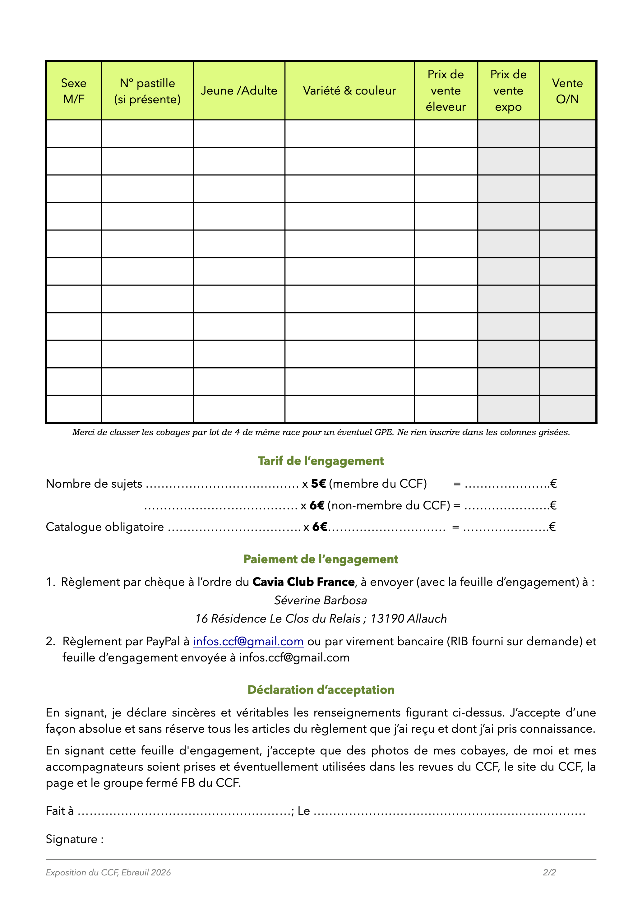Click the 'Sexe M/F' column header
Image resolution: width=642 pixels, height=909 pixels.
point(74,91)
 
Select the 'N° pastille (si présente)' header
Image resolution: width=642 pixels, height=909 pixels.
point(147,91)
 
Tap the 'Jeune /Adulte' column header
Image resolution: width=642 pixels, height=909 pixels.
point(239,91)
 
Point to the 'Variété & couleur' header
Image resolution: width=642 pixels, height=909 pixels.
point(349,91)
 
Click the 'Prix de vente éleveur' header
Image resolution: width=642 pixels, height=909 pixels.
point(446,91)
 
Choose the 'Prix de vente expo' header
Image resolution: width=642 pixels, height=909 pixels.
point(508,91)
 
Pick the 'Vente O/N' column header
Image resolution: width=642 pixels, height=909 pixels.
point(567,91)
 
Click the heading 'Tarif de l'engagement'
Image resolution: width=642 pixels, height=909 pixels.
point(321,461)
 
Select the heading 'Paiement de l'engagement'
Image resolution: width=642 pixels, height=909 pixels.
point(321,559)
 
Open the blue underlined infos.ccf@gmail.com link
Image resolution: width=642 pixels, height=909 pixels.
point(248,641)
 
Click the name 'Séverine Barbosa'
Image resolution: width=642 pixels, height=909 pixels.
point(321,600)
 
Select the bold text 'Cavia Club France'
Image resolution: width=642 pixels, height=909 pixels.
point(303,582)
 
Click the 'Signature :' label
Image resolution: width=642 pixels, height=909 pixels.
point(74,839)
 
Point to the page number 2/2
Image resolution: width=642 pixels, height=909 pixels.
point(549,872)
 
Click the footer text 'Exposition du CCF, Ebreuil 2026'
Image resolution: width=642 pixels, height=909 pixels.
point(108,872)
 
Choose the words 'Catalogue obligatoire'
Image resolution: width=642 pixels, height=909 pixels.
point(105,527)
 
